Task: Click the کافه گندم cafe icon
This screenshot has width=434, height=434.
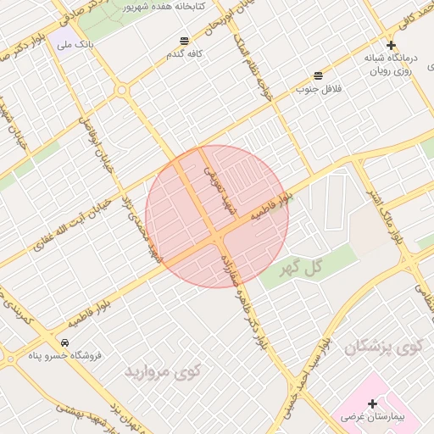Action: tap(185, 41)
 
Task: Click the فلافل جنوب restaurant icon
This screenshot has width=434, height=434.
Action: tap(318, 75)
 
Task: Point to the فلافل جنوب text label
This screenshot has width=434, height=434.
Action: tap(317, 88)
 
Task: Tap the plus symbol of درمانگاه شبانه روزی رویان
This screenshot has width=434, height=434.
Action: tap(391, 45)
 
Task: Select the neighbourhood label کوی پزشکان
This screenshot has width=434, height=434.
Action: tap(384, 348)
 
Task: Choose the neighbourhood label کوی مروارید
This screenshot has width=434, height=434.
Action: tap(163, 370)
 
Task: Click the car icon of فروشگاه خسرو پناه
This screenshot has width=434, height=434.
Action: tap(65, 342)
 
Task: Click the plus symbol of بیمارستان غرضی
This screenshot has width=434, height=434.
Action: tap(372, 403)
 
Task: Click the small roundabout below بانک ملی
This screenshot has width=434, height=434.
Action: tap(121, 89)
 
